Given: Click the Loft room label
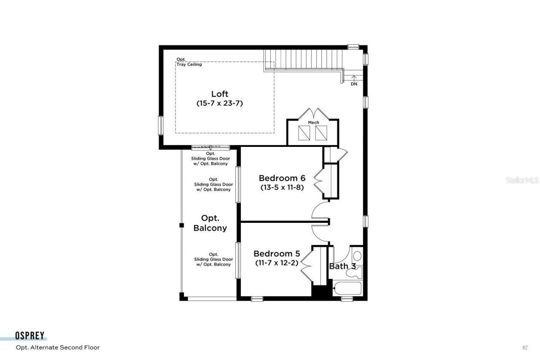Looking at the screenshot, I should coord(220,94).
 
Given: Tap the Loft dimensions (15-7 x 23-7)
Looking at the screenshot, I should coord(220,103).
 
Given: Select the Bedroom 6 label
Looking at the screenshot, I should coord(282,178).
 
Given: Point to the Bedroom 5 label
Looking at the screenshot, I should coord(277,254).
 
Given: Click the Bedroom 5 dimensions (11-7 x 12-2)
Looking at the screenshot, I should coord(277,263).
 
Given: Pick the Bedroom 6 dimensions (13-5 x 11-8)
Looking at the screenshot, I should coord(282,187).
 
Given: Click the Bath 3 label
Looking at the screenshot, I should coord(342,266).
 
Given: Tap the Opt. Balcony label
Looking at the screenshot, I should coord(210,223).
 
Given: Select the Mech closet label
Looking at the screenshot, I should coord(313,122).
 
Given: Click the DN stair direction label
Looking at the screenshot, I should coord(354,84).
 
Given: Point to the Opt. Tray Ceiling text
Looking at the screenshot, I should coord(189,62).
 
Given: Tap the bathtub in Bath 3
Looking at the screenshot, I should coord(347,290).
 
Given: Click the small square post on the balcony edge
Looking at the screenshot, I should coord(181,225).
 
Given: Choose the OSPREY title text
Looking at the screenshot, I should coord(30,336).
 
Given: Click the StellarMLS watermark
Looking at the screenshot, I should coord(522,180).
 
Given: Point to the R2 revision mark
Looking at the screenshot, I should coord(525,348).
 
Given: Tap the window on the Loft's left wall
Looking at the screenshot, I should coord(160,125).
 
